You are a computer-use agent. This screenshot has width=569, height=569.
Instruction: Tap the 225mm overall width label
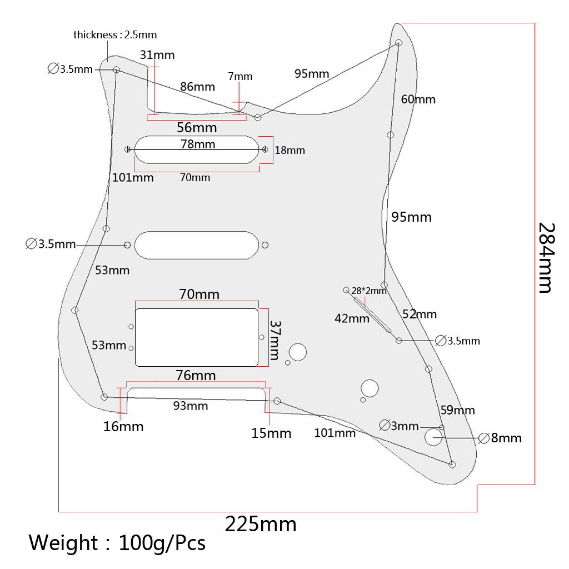260,524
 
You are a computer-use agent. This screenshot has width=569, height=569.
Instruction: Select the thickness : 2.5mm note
115,34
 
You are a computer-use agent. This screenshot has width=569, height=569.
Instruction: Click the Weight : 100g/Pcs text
117,542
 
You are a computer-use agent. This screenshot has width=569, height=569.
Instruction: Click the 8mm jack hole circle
433,437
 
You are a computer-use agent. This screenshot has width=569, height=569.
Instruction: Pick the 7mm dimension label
240,77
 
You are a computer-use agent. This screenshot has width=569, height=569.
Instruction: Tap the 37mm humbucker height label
275,340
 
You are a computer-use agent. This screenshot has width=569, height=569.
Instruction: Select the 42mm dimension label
352,318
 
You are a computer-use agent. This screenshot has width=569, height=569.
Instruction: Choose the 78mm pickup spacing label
198,144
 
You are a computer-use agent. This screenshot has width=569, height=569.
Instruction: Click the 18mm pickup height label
290,150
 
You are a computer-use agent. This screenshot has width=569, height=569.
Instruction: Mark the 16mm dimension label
123,426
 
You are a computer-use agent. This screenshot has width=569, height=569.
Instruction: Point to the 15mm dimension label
271,433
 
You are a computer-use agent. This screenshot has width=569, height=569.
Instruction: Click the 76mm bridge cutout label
196,376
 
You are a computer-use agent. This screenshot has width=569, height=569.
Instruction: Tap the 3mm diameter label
399,426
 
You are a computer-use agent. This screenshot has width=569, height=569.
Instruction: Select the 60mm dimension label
418,99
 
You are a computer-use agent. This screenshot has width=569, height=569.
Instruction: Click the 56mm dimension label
197,127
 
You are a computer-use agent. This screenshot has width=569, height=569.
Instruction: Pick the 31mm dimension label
157,54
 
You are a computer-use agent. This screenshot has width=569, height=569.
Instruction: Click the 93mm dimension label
191,406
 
